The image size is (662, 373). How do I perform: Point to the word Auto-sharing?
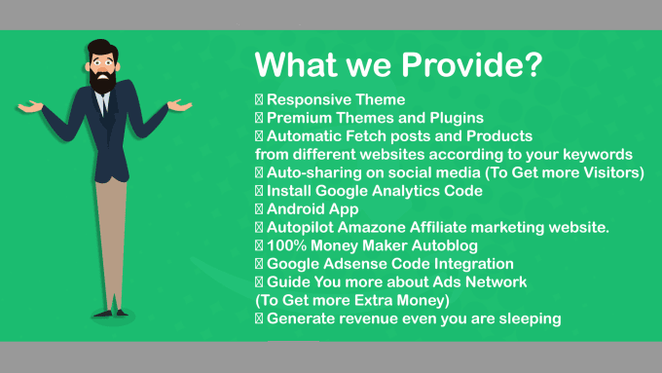coord(313,173)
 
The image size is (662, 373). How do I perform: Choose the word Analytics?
coord(418,191)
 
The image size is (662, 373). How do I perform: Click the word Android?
coord(295,209)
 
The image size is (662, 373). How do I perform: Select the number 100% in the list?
coord(287,245)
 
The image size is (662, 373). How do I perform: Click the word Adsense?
coord(361,264)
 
